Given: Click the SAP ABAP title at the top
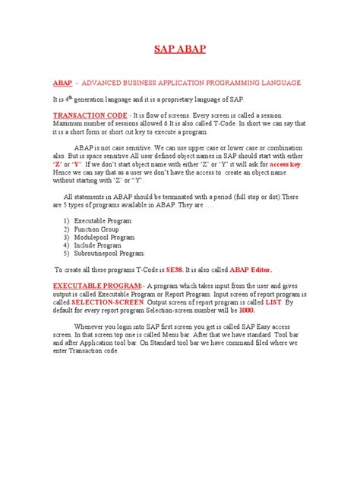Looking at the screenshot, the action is point(180,50).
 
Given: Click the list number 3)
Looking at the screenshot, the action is point(67,237).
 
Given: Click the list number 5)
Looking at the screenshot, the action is point(67,254).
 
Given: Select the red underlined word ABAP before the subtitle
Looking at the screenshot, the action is point(62,82).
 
